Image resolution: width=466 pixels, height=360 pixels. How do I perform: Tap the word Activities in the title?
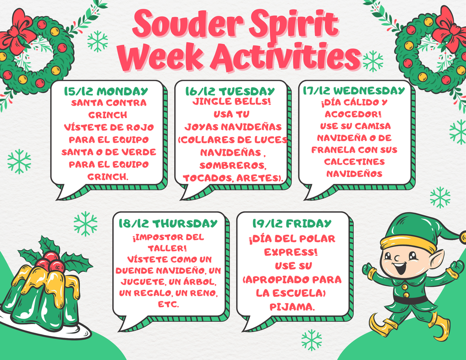pos(286,56)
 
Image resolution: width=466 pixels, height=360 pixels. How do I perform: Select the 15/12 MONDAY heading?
pos(106,91)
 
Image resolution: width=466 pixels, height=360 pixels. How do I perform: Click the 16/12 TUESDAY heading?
pos(230,91)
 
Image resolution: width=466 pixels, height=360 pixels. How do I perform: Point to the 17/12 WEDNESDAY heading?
pos(354,91)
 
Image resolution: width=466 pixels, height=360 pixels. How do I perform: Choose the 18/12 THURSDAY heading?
pos(168,223)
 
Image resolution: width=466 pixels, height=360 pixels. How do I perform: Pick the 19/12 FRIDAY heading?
pos(292,223)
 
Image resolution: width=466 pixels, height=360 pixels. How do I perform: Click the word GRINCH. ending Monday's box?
pos(108,177)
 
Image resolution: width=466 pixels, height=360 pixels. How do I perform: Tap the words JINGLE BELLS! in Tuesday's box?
pos(232,101)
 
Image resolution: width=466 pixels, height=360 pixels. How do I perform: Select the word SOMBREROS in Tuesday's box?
pos(233,165)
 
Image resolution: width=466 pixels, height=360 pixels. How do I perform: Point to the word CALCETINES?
pos(354,162)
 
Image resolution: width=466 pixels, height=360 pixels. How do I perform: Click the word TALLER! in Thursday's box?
pos(167,248)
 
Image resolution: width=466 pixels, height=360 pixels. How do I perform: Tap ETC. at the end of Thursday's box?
pos(168,304)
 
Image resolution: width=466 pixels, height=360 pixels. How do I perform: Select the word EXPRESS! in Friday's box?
pos(291,252)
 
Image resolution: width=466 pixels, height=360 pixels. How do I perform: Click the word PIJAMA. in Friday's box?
pos(292,307)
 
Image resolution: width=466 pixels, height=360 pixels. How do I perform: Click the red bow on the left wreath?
pos(17,33)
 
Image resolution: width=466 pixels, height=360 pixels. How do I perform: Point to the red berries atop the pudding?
pos(50,262)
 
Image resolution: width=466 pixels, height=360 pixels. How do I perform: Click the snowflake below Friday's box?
pos(311,340)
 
